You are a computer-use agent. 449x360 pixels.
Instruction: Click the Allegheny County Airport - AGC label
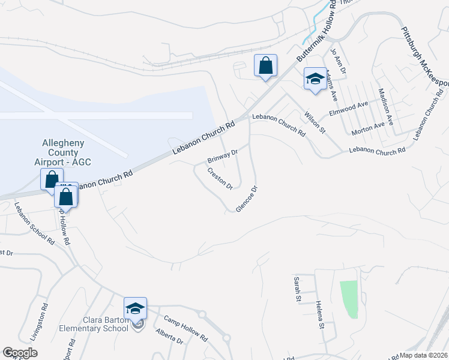pyautogui.click(x=63, y=153)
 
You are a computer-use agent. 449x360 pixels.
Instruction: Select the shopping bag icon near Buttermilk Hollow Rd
pyautogui.click(x=265, y=65)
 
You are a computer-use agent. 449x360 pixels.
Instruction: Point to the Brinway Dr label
pyautogui.click(x=223, y=155)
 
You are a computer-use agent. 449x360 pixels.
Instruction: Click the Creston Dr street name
pyautogui.click(x=220, y=179)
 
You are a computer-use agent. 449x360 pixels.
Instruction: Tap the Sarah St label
pyautogui.click(x=296, y=289)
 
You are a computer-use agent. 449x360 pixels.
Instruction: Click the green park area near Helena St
pyautogui.click(x=349, y=299)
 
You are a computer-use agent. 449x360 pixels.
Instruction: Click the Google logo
pyautogui.click(x=20, y=353)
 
